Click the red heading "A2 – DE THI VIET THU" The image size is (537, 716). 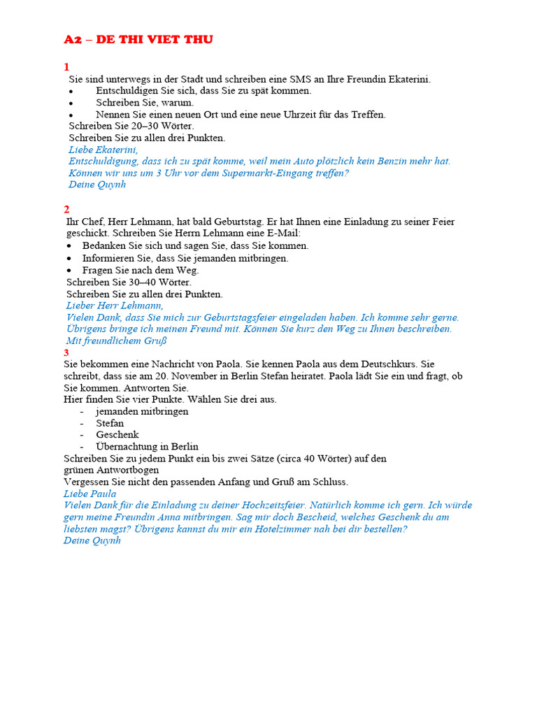point(138,40)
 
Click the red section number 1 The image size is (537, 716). point(66,67)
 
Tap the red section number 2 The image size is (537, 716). point(66,210)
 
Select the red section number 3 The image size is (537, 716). point(66,352)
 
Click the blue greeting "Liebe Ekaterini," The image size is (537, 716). point(103,150)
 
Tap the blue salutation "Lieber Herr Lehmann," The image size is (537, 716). point(115,306)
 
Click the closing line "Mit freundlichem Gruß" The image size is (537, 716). point(116,341)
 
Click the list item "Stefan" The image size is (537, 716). point(110,423)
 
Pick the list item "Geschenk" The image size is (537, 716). point(117,435)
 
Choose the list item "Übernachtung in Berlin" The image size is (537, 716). point(147,447)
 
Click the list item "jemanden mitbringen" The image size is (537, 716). point(142,411)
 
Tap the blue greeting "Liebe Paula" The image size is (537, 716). point(89,494)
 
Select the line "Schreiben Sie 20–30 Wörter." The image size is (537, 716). point(131,126)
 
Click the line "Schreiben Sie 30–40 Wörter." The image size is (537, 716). point(129,282)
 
